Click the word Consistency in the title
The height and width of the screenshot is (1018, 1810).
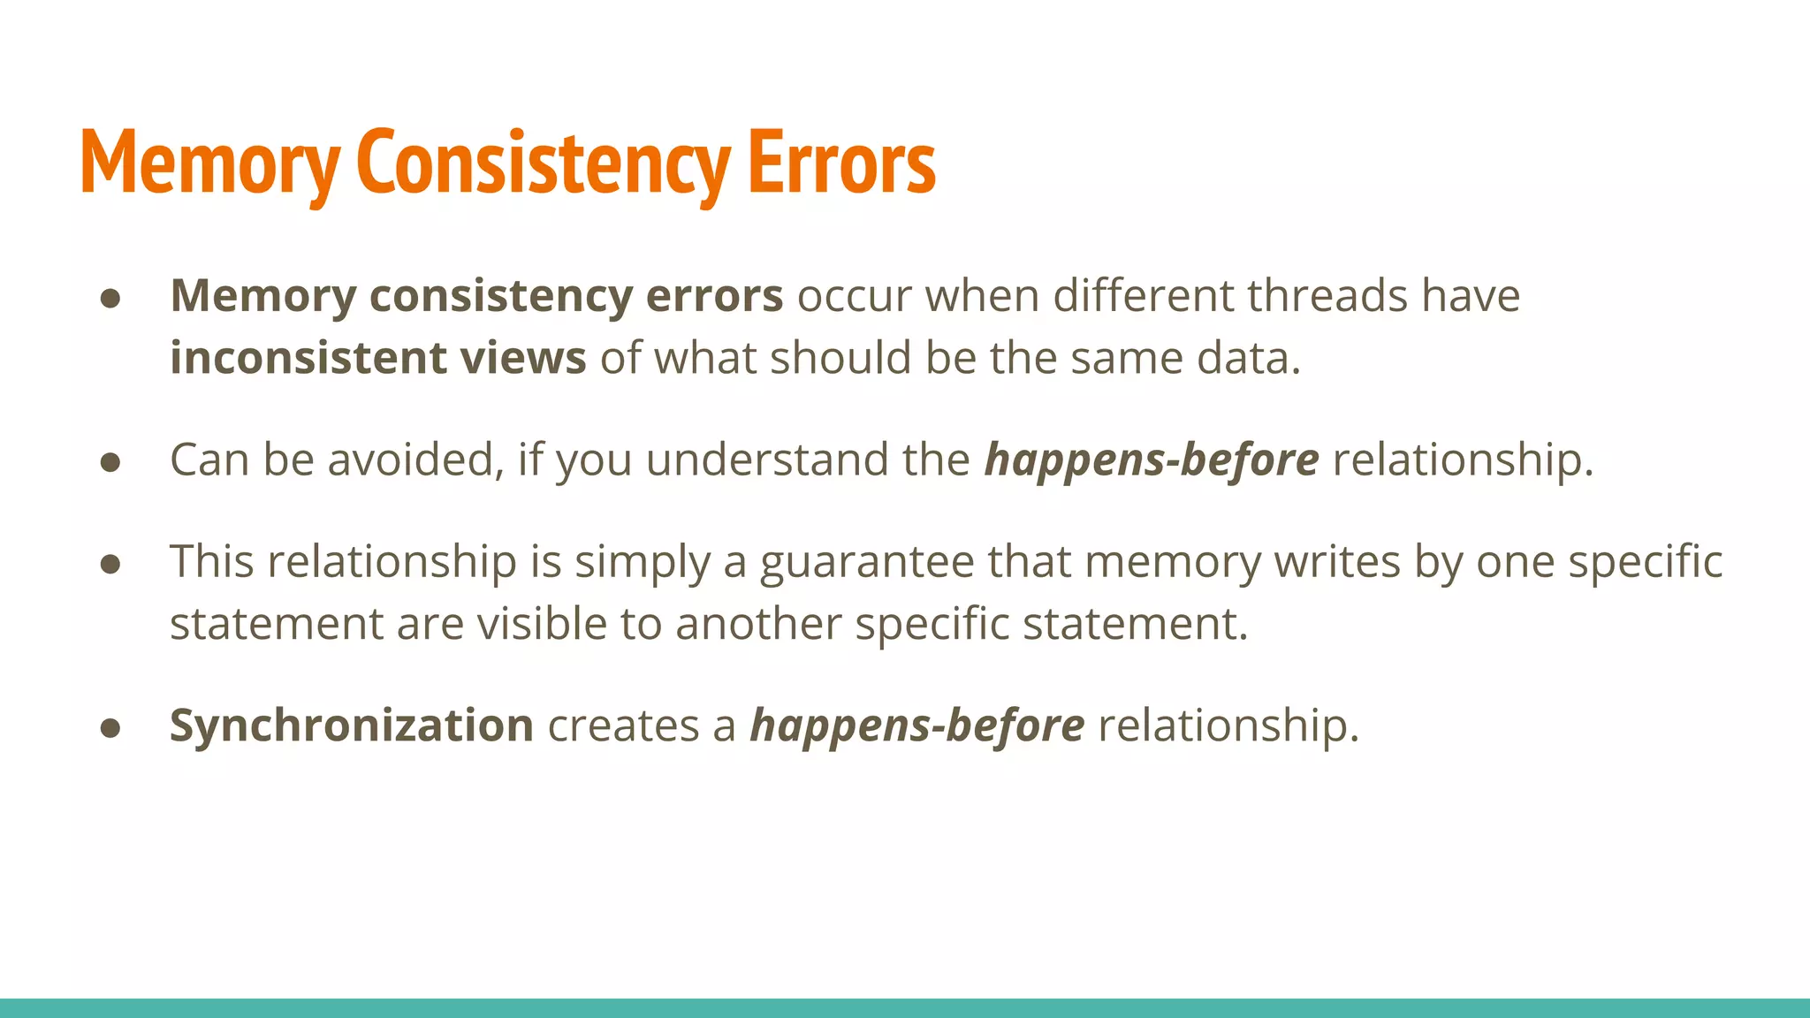543,163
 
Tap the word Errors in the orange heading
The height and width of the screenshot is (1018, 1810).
841,163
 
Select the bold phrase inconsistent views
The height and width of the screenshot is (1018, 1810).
377,359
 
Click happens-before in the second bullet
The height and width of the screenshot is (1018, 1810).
1152,460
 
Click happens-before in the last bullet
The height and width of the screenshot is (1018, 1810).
916,726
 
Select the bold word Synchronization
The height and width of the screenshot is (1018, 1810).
351,726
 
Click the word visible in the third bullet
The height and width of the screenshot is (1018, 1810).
541,625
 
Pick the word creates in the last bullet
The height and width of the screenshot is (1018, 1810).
623,726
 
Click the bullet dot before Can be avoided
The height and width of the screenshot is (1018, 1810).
110,462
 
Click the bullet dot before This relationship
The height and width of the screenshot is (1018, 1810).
110,564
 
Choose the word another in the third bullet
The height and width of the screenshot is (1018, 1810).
758,625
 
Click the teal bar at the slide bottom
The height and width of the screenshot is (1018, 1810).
905,1007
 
